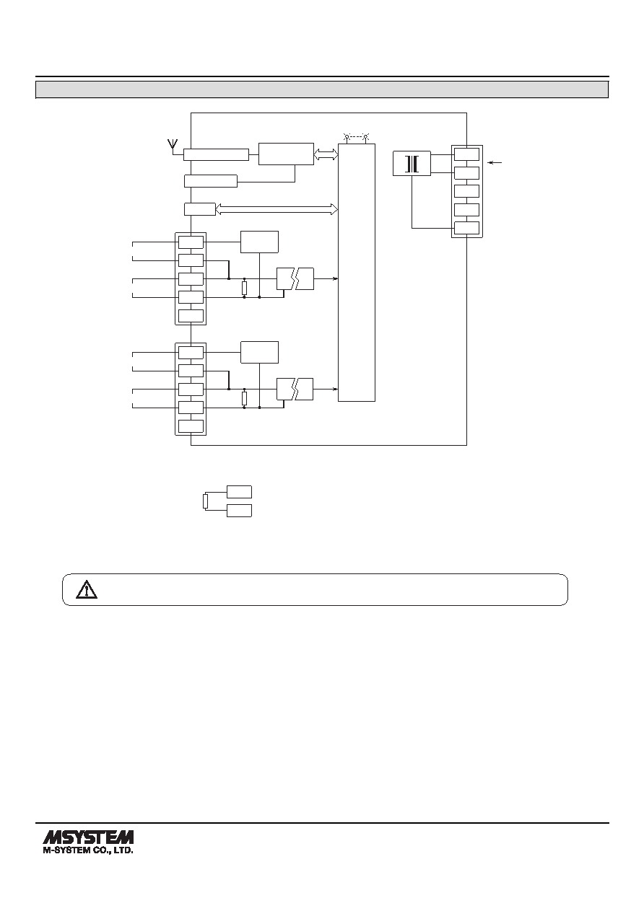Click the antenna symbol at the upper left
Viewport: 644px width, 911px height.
click(x=173, y=146)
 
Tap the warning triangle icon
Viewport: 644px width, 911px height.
click(x=87, y=589)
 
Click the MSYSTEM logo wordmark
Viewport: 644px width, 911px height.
click(x=88, y=837)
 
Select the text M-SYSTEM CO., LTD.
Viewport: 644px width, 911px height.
click(x=88, y=850)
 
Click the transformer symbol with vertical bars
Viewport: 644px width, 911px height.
click(x=412, y=164)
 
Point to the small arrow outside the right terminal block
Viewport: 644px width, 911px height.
click(x=495, y=163)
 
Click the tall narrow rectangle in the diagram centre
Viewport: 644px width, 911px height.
click(x=357, y=273)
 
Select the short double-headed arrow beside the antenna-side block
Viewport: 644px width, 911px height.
click(x=326, y=154)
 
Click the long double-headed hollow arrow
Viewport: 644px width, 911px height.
click(x=277, y=209)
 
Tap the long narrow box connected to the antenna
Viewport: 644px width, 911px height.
click(x=216, y=154)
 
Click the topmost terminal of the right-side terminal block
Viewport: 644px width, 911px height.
click(x=466, y=154)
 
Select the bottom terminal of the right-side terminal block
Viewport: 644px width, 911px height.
click(x=466, y=228)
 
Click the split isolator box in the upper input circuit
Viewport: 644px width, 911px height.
click(x=295, y=278)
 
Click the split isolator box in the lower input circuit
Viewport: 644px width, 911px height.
click(x=295, y=390)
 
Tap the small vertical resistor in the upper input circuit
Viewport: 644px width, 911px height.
click(x=244, y=288)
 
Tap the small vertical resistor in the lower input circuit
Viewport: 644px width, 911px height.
click(x=244, y=399)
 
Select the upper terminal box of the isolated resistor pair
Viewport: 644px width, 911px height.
click(x=239, y=492)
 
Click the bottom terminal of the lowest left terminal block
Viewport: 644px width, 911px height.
click(x=191, y=426)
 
